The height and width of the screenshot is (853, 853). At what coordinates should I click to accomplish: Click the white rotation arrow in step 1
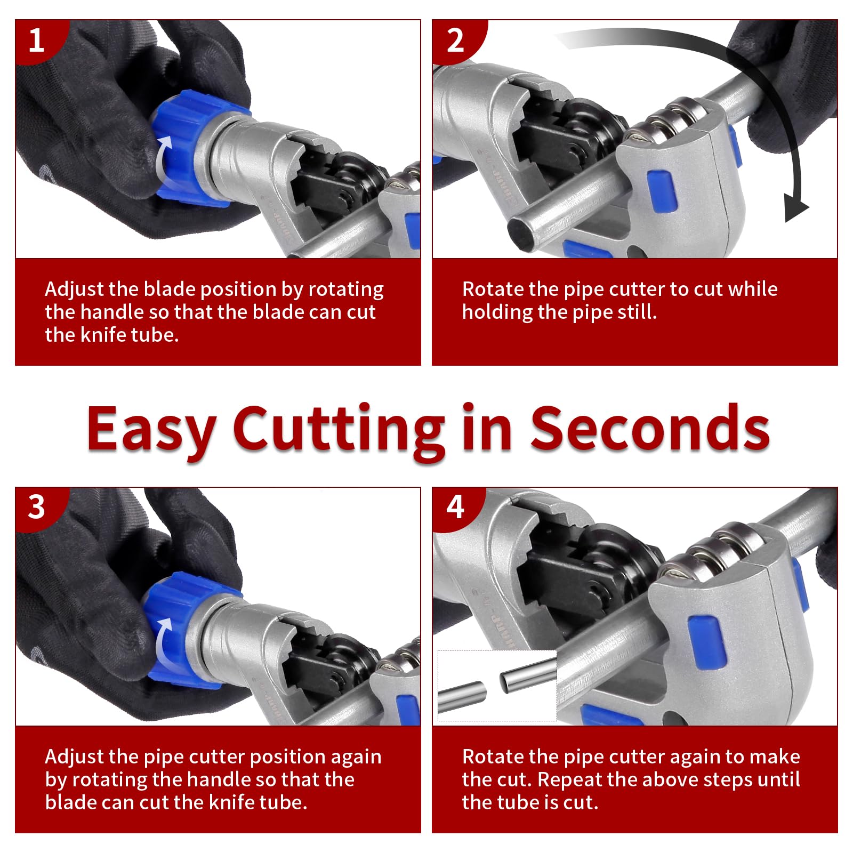click(163, 160)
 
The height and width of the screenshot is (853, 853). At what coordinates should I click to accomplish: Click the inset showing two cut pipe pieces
click(497, 686)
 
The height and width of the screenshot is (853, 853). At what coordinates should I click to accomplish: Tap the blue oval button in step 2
click(662, 190)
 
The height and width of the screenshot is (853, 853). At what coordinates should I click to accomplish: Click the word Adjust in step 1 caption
click(74, 289)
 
